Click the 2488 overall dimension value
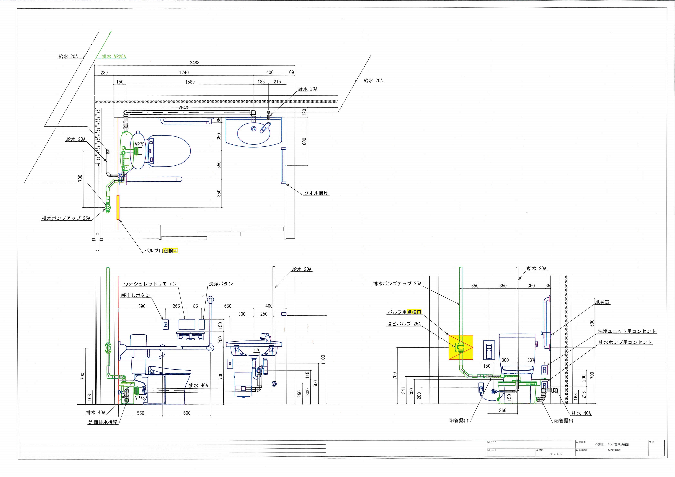[195, 63]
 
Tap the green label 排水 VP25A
[114, 57]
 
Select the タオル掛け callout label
[316, 193]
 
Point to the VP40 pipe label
[183, 108]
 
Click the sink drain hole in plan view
[253, 129]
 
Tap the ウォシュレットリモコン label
[150, 284]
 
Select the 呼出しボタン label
[136, 295]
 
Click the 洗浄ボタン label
[221, 284]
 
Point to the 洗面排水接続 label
[103, 422]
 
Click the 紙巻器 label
[602, 302]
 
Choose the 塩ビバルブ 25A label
[404, 324]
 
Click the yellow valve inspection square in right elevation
[461, 347]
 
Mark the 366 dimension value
[503, 410]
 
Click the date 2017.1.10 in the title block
[556, 454]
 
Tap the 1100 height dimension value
[323, 359]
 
